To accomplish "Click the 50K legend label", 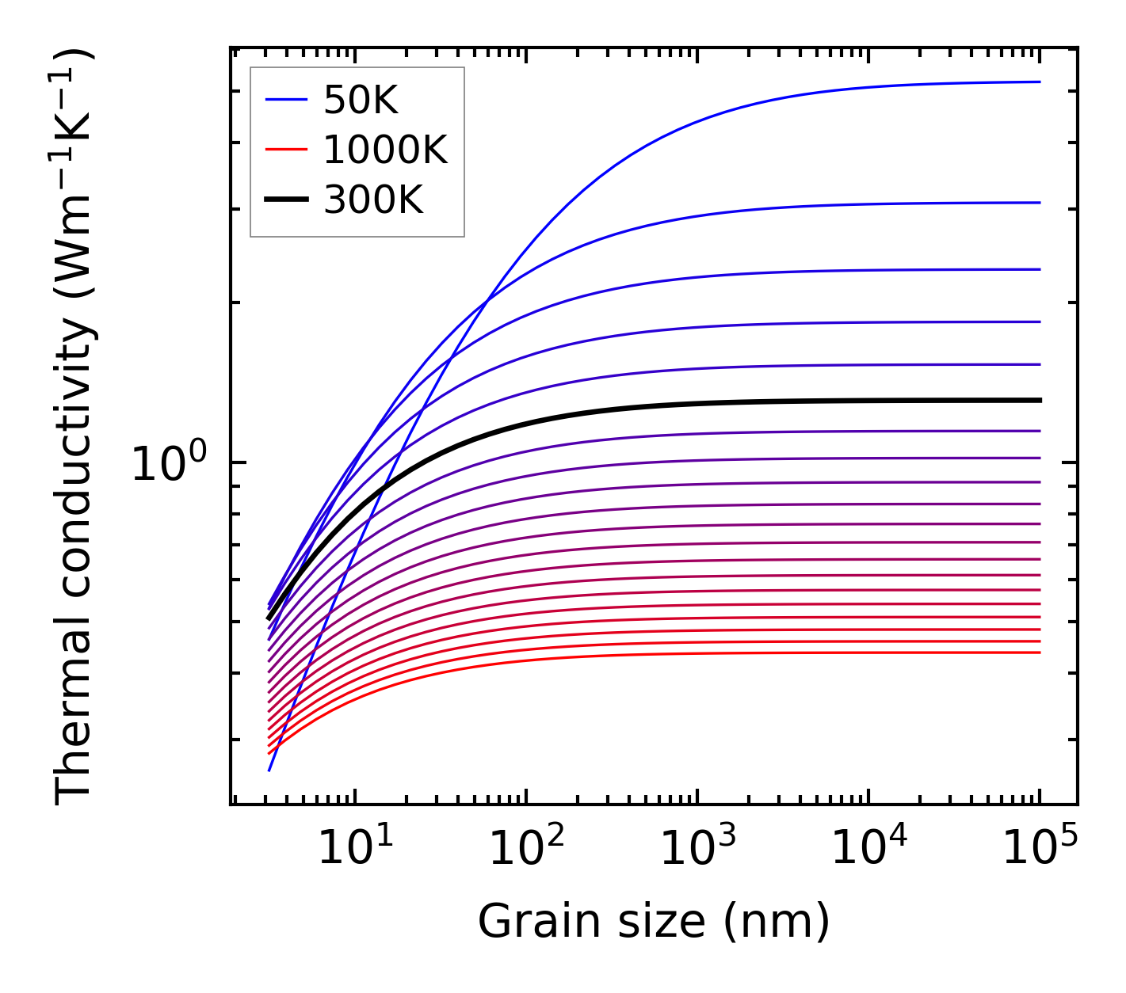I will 361,101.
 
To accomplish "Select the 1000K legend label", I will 385,150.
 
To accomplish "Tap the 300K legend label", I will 373,200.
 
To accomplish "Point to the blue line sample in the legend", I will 285,100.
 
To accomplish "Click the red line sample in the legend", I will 285,149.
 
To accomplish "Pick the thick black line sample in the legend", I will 285,200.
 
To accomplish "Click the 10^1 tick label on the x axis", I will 355,849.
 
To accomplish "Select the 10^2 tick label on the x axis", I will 527,849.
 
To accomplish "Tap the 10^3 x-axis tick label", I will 698,849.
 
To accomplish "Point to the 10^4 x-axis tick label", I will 869,849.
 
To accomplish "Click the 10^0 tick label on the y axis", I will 169,463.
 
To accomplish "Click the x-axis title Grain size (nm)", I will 654,922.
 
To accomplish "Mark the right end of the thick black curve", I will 1039,400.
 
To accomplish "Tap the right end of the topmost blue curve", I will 1039,82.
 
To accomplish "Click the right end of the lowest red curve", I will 1039,652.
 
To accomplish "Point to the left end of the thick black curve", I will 269,618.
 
